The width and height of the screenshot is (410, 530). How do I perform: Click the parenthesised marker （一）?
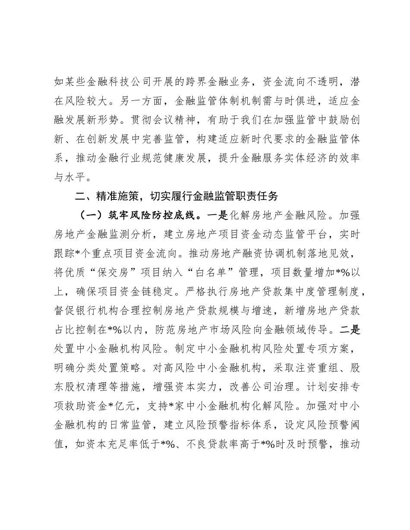coord(89,215)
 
